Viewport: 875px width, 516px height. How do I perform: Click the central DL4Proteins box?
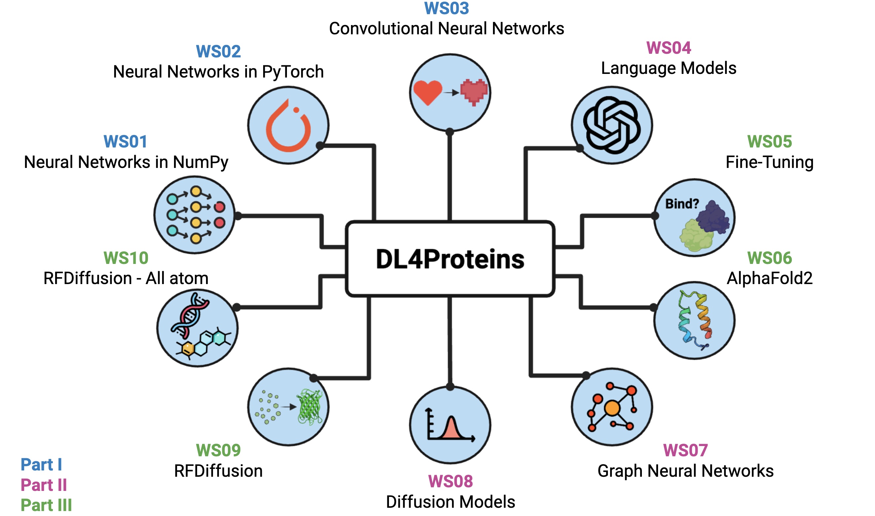[x=450, y=259]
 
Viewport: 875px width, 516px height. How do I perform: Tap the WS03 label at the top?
[x=447, y=8]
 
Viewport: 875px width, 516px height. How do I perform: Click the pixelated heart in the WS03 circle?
[x=474, y=92]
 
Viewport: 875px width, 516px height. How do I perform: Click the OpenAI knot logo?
[x=612, y=125]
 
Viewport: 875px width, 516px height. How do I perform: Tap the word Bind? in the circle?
[x=682, y=204]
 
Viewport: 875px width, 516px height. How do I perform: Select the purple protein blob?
[x=713, y=218]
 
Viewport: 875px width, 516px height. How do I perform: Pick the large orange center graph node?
[x=612, y=408]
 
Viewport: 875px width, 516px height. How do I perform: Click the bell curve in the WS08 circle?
[x=451, y=428]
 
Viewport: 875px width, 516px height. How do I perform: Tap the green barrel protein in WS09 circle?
[x=310, y=407]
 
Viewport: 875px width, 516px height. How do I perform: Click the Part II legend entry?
[x=44, y=485]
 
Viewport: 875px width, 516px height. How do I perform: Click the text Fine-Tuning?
[x=770, y=162]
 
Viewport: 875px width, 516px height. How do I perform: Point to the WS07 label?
[x=685, y=451]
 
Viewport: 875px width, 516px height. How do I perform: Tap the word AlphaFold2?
[x=770, y=278]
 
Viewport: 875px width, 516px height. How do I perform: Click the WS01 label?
[x=125, y=142]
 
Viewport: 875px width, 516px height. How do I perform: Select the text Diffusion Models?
[x=451, y=502]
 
